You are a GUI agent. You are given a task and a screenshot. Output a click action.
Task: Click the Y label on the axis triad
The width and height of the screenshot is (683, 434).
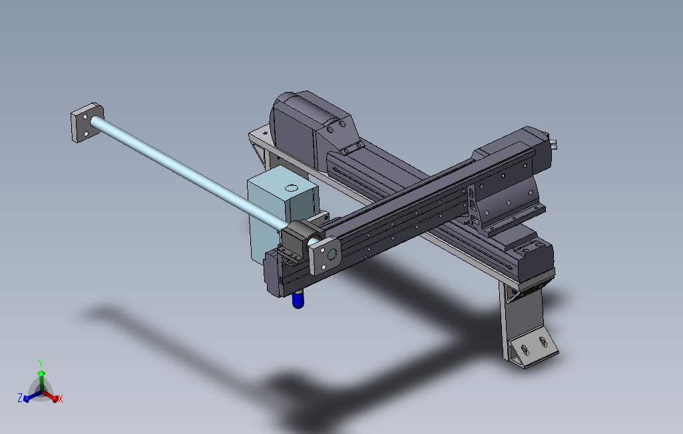click(x=41, y=363)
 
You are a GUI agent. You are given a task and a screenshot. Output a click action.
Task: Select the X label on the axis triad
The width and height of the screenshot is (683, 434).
click(x=61, y=399)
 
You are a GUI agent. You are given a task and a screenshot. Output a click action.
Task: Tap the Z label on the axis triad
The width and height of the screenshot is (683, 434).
click(x=20, y=397)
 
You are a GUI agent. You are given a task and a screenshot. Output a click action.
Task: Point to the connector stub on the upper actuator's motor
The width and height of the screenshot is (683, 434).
click(x=554, y=141)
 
